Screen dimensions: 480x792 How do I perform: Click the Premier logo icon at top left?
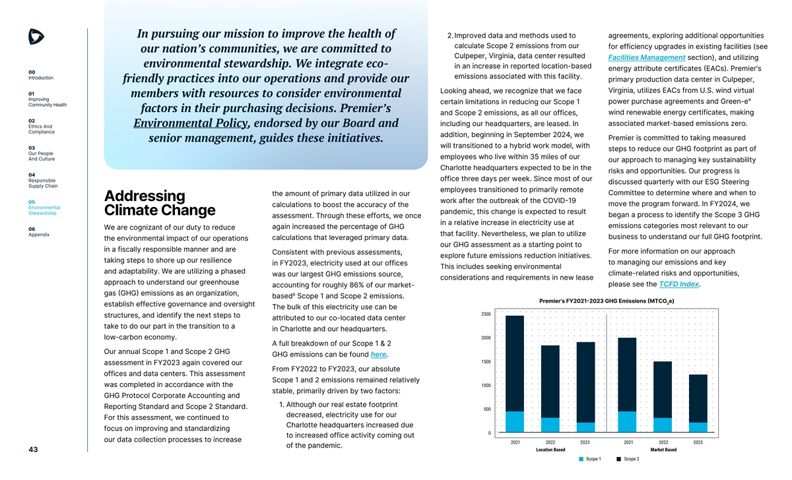(37, 37)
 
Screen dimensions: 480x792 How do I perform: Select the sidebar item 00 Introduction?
(41, 75)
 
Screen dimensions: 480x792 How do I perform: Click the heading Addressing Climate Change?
(160, 203)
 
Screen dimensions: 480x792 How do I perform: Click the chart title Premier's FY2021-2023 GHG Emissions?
(614, 301)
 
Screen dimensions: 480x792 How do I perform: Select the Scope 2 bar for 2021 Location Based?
(515, 363)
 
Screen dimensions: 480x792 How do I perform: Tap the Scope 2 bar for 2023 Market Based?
(698, 398)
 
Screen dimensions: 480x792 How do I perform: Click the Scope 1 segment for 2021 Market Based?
(627, 421)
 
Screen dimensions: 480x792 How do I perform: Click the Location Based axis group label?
(550, 450)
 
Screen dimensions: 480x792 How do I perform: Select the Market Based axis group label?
(663, 450)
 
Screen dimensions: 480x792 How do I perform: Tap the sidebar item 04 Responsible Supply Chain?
(42, 180)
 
